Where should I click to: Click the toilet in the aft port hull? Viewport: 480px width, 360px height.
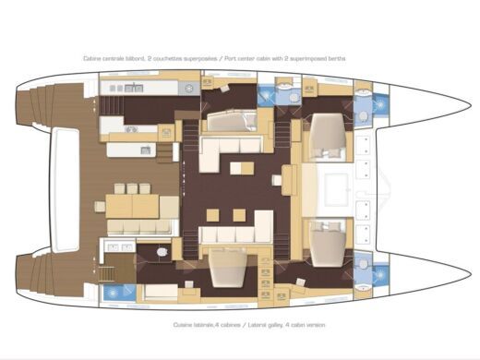tap(162, 251)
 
